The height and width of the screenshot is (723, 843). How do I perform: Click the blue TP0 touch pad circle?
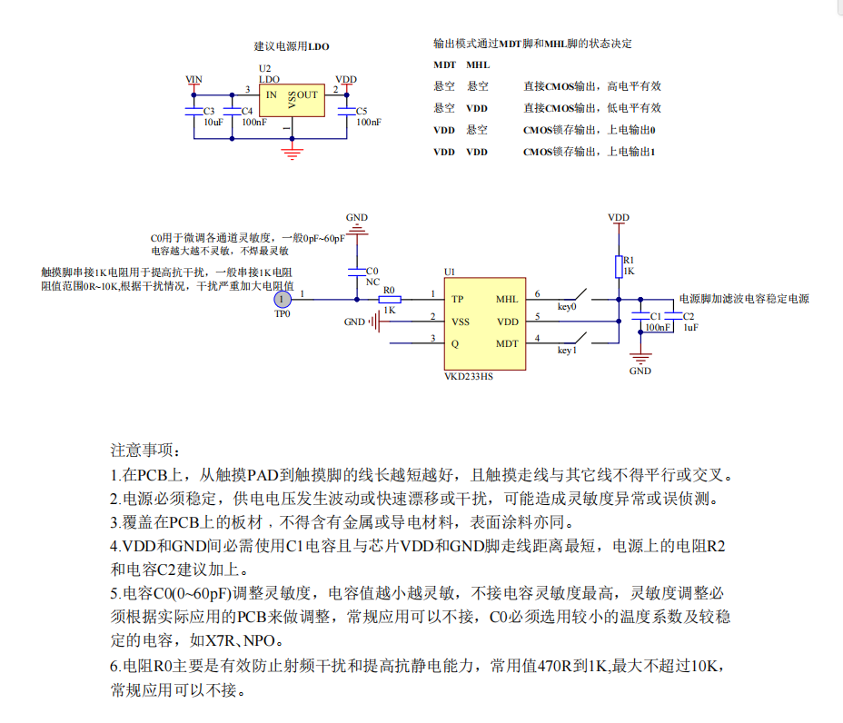283,299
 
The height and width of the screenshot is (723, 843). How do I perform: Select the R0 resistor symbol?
389,299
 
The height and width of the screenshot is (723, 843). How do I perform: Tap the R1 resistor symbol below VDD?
619,266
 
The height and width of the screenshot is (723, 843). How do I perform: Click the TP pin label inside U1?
458,299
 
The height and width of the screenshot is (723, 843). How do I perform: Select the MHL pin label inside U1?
507,299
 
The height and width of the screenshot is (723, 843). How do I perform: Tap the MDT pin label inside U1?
507,343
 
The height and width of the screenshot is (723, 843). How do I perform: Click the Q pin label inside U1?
455,343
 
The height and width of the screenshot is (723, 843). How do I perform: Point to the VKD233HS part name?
470,375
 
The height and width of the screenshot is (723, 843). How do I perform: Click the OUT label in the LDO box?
308,94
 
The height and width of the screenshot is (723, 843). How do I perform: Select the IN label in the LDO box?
271,94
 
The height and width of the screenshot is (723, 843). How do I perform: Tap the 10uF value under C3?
213,122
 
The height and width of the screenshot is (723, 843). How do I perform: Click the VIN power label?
193,80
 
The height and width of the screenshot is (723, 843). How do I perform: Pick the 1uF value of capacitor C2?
691,327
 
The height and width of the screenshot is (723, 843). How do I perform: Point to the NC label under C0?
372,282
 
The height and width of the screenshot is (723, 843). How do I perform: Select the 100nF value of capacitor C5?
368,122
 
